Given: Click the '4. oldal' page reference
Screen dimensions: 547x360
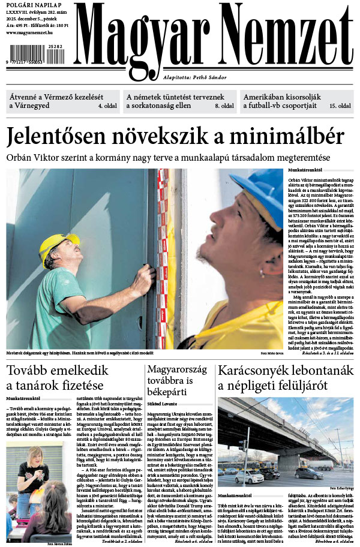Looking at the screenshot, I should click(108, 106).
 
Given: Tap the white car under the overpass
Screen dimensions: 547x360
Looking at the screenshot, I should click(248, 477).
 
